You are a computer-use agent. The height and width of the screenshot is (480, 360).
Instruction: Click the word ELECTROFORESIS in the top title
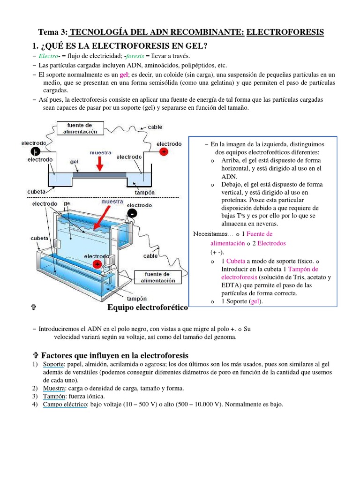tap(285, 32)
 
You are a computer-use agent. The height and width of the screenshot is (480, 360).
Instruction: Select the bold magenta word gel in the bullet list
tap(124, 75)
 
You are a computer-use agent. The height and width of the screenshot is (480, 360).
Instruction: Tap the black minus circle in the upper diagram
tap(36, 151)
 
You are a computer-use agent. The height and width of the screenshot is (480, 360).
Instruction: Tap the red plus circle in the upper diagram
tap(164, 152)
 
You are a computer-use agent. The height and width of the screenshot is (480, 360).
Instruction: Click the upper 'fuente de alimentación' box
tap(82, 128)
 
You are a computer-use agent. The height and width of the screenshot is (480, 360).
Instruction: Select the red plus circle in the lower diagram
tap(97, 264)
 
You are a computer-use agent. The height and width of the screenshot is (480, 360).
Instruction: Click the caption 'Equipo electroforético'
tap(147, 307)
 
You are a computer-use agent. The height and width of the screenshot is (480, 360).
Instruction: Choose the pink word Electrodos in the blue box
tap(271, 243)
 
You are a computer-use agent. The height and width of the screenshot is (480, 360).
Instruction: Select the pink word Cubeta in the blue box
tap(237, 261)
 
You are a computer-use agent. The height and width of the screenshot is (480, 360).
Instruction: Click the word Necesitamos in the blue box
tap(210, 234)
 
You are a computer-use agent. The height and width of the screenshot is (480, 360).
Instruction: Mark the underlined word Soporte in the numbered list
tap(53, 364)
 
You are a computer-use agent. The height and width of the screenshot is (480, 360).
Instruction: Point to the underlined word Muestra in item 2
tap(53, 388)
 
